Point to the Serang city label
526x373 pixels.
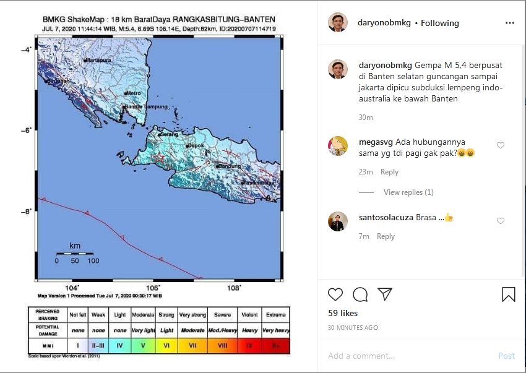click(168, 134)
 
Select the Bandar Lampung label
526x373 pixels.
click(146, 107)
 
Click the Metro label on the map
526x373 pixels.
click(134, 93)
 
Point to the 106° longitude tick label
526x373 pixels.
click(153, 288)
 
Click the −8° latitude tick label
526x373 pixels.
click(27, 212)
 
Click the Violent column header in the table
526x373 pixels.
click(250, 314)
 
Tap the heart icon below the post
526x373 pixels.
click(335, 294)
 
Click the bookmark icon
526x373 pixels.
click(508, 294)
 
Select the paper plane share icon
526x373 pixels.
click(384, 294)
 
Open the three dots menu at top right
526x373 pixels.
click(509, 23)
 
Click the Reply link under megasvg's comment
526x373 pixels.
click(389, 172)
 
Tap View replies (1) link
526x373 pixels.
click(408, 192)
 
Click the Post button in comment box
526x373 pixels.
click(506, 356)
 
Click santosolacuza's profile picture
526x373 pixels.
click(337, 221)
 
